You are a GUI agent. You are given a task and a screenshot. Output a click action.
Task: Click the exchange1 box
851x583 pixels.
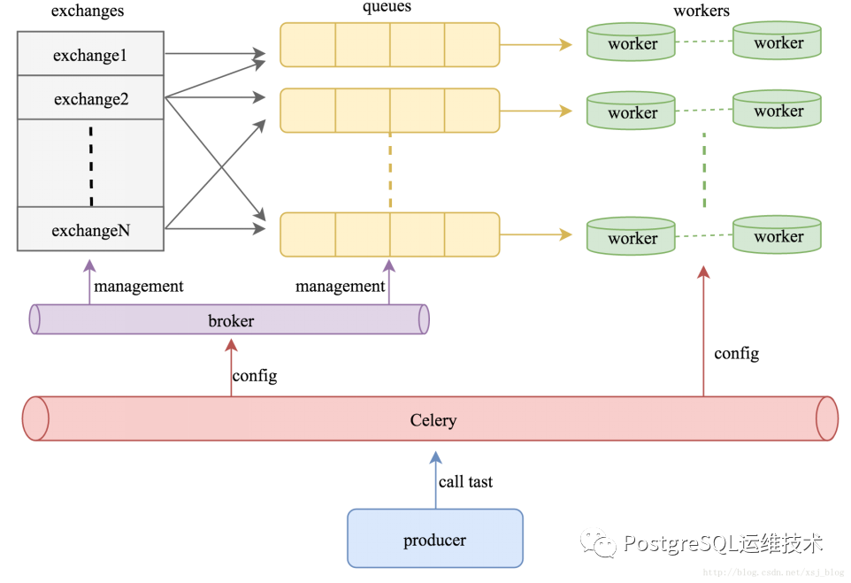click(90, 54)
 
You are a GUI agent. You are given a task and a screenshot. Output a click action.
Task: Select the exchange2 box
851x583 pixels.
click(90, 97)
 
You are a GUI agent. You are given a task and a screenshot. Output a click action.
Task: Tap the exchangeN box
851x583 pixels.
click(90, 229)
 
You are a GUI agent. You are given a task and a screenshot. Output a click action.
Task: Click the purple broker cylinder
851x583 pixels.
click(229, 319)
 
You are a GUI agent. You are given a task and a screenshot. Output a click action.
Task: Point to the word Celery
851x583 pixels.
click(433, 420)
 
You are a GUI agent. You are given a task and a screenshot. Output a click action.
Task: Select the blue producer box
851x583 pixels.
click(435, 539)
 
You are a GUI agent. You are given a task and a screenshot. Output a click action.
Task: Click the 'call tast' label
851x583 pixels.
click(465, 481)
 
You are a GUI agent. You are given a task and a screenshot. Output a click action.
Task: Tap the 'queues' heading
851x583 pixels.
click(387, 7)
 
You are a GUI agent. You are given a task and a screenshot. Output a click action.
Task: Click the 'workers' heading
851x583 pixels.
click(701, 11)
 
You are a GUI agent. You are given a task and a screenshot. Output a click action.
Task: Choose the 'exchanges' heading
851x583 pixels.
click(88, 12)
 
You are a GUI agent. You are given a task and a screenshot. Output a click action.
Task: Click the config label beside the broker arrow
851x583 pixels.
click(255, 376)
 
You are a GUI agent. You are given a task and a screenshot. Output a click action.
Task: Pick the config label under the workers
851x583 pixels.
click(737, 353)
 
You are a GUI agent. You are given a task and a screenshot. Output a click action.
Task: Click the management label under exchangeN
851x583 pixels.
click(138, 286)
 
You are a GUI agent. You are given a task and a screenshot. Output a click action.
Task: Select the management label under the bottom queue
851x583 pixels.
click(340, 286)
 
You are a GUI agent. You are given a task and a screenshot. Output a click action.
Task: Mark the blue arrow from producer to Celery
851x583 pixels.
click(436, 479)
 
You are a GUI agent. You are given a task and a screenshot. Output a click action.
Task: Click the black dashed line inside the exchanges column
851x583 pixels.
click(91, 166)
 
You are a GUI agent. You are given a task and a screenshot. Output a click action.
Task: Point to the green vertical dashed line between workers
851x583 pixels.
click(704, 170)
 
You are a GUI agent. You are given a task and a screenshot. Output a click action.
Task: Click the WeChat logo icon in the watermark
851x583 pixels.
click(598, 542)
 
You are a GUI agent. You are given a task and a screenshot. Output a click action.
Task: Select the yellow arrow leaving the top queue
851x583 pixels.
click(536, 44)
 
